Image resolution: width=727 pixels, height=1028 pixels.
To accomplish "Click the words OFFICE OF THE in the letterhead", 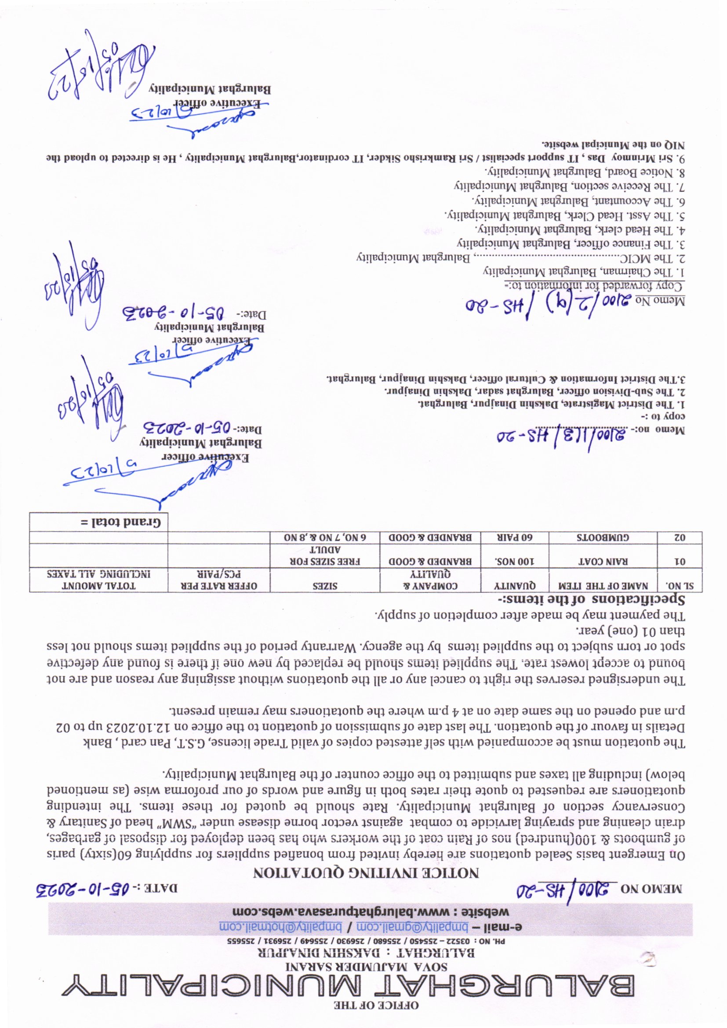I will tap(376, 1013).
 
